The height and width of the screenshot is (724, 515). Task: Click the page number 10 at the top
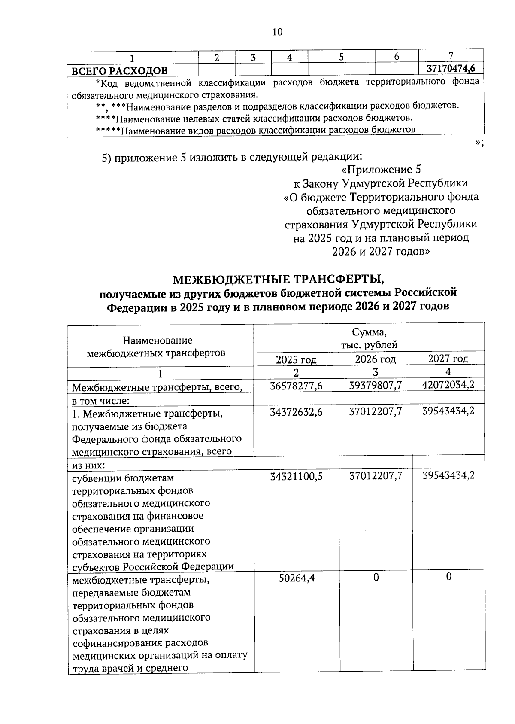point(277,32)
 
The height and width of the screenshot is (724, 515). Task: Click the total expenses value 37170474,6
point(451,68)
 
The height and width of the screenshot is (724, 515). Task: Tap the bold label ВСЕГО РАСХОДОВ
point(119,70)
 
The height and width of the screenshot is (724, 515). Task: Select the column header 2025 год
point(296,359)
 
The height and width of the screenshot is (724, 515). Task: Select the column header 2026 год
point(375,359)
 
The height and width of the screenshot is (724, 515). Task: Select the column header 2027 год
point(448,359)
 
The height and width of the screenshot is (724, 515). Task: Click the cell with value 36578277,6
point(296,386)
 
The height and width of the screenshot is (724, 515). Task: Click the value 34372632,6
point(296,412)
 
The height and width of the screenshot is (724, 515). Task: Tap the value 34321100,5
point(296,476)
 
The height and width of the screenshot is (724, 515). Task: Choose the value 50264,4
point(297,578)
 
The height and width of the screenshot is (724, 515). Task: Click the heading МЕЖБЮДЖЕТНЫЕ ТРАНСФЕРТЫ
point(279,280)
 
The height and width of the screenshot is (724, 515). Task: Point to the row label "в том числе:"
point(101,401)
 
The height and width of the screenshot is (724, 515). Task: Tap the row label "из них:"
point(88,465)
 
